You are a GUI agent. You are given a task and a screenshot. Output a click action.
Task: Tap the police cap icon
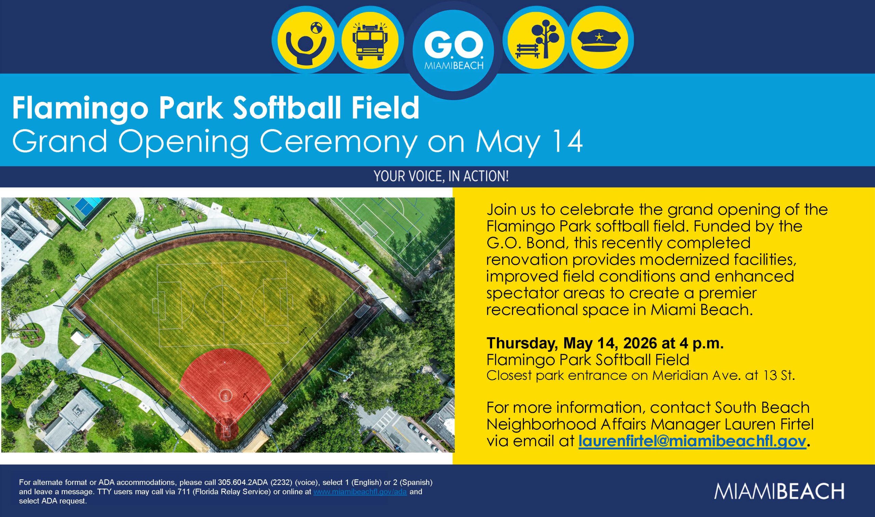click(599, 41)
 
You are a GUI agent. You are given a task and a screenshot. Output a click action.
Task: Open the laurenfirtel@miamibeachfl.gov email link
click(692, 441)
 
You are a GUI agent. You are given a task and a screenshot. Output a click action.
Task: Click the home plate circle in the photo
click(226, 432)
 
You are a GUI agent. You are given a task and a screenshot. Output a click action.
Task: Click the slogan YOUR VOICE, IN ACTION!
click(441, 176)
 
